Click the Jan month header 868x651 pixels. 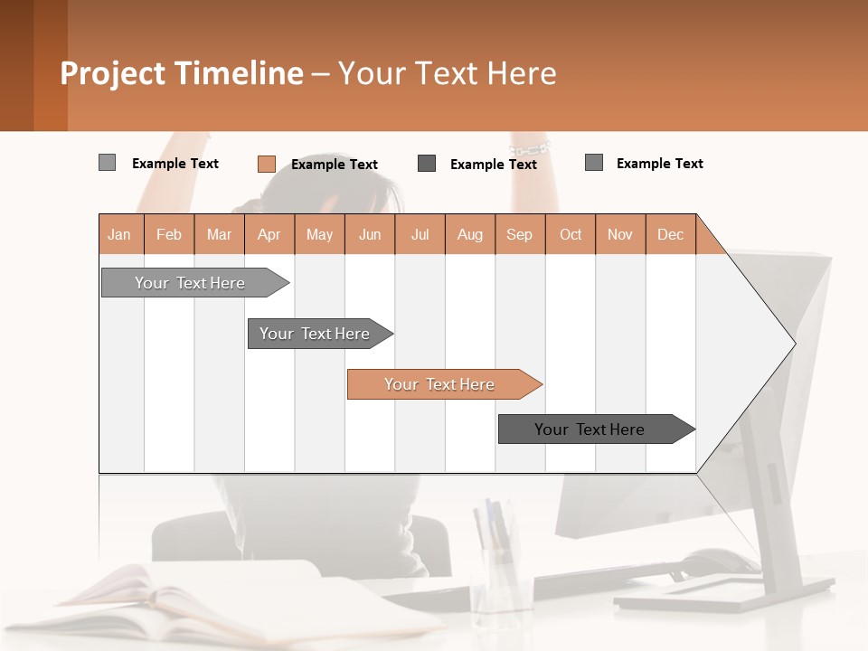pyautogui.click(x=119, y=234)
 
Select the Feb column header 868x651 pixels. pyautogui.click(x=169, y=234)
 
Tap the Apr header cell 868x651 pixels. pyautogui.click(x=269, y=234)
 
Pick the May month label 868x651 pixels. pyautogui.click(x=319, y=234)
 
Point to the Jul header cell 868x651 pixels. pyautogui.click(x=420, y=234)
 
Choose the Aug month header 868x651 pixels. pyautogui.click(x=469, y=234)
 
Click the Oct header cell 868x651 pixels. pyautogui.click(x=571, y=234)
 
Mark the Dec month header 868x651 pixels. pyautogui.click(x=670, y=234)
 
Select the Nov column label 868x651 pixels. pyautogui.click(x=619, y=234)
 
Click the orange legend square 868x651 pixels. pyautogui.click(x=266, y=164)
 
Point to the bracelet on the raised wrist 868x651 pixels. pyautogui.click(x=529, y=146)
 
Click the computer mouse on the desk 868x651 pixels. pyautogui.click(x=719, y=561)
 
